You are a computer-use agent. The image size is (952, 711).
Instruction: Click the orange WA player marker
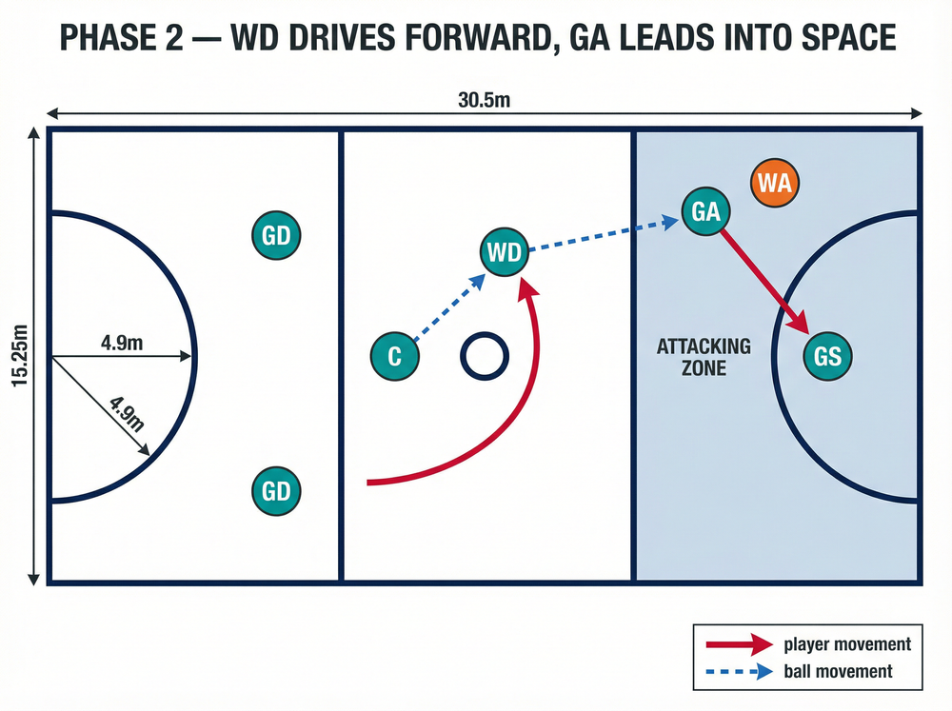(775, 183)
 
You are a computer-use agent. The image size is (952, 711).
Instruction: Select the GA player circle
(705, 211)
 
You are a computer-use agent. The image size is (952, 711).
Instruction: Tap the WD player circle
(505, 251)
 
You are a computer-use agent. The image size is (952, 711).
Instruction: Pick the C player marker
(395, 356)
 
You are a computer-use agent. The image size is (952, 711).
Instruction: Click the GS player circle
(827, 356)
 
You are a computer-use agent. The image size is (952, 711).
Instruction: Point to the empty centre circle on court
(485, 333)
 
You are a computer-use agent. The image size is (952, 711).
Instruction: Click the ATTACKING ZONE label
(704, 357)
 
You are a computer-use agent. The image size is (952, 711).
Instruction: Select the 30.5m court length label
(484, 100)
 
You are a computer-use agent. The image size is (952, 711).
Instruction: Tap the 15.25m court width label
(20, 355)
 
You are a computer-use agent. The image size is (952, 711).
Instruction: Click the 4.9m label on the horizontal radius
(122, 343)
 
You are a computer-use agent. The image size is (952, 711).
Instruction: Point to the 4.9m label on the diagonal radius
(128, 413)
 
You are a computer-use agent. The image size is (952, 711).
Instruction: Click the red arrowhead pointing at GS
(799, 322)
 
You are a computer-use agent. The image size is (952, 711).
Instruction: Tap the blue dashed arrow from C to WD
(450, 306)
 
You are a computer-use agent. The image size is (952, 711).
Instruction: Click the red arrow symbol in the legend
(740, 644)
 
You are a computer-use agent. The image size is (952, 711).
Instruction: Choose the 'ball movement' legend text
(838, 672)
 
